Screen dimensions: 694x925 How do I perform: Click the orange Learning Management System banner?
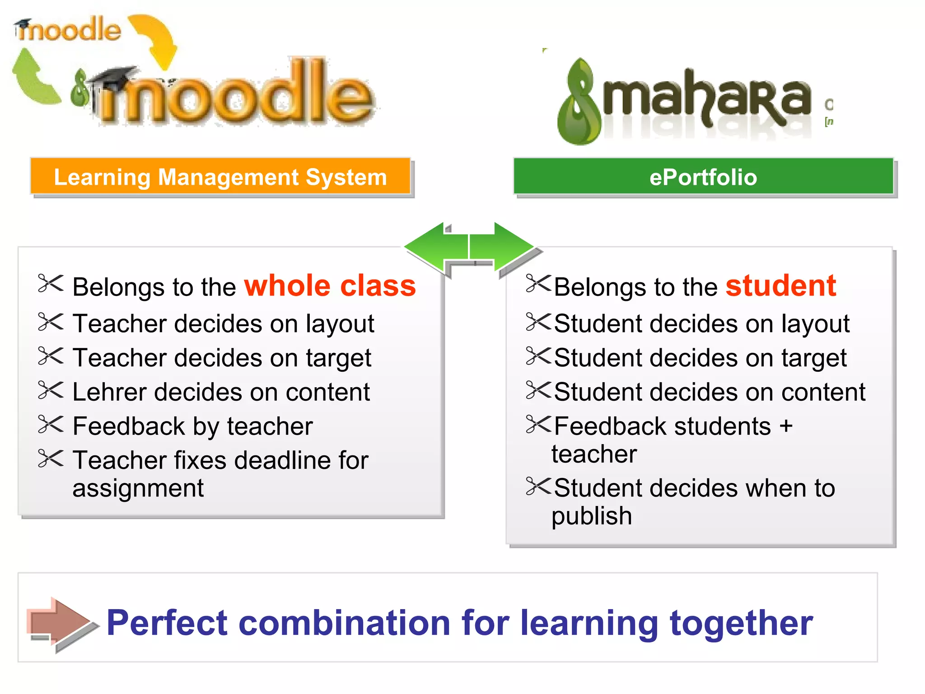coord(220,177)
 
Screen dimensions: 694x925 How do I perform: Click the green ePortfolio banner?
coord(703,177)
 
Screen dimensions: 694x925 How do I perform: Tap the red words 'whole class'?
coord(330,286)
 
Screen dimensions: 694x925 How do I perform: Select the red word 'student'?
coord(781,286)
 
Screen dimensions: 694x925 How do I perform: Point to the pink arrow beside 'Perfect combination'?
coord(61,624)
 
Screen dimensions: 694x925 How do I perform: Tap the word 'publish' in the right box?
coord(592,516)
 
